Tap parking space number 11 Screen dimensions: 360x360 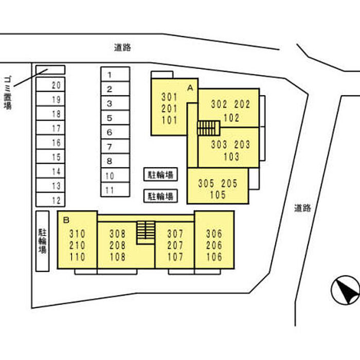[x=110, y=190]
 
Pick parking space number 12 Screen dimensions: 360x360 [x=57, y=200]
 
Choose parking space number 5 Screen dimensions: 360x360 [x=110, y=118]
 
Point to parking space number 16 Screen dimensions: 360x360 [x=57, y=143]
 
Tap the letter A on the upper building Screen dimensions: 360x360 [x=190, y=87]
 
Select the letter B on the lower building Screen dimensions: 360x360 [x=66, y=220]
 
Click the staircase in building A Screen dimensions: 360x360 [x=208, y=128]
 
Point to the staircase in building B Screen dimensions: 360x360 [x=146, y=232]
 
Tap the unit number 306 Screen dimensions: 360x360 [x=214, y=233]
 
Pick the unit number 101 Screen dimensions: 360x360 [x=169, y=121]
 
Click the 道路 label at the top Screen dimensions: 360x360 [x=122, y=47]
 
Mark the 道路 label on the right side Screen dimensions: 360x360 [x=303, y=208]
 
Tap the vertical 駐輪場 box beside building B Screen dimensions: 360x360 [x=43, y=241]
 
